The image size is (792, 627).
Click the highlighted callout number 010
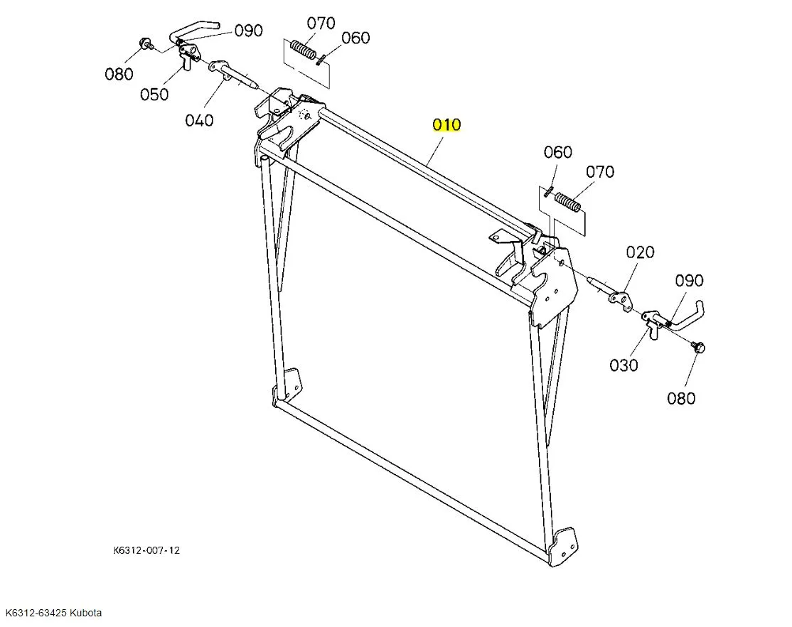click(447, 125)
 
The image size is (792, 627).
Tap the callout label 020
click(640, 252)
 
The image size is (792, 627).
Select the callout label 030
click(624, 365)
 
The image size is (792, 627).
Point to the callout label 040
click(199, 120)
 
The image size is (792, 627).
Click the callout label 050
click(154, 95)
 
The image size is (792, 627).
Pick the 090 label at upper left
click(248, 31)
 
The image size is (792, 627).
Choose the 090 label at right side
click(689, 281)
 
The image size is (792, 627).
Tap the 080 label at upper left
click(119, 74)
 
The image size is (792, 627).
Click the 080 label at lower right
click(680, 399)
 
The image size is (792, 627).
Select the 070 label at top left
click(321, 23)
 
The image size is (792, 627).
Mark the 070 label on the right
click(600, 172)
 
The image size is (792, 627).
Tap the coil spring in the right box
click(568, 202)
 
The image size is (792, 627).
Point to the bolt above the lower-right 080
click(698, 347)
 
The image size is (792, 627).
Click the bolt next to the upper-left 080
click(146, 45)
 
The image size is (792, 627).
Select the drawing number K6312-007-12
click(146, 550)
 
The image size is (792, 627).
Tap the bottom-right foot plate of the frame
click(566, 545)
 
